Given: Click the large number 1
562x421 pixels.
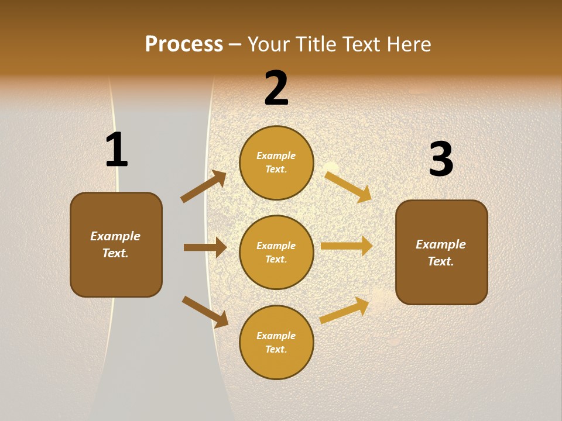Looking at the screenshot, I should [x=116, y=150].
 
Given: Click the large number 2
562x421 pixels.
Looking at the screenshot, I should [x=276, y=88].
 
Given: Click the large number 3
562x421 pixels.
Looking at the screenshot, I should [x=441, y=160].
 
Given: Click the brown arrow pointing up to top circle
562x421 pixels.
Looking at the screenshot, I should [x=203, y=187].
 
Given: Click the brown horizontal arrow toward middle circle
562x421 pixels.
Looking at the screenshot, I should [x=205, y=247].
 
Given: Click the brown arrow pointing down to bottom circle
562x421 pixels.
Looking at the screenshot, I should [x=205, y=312].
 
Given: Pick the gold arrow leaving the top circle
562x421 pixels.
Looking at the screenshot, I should [x=348, y=187].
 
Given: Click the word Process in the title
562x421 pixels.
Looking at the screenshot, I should [x=184, y=44].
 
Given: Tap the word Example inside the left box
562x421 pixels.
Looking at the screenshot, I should [x=115, y=236].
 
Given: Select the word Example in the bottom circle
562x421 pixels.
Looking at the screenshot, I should [x=276, y=336].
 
